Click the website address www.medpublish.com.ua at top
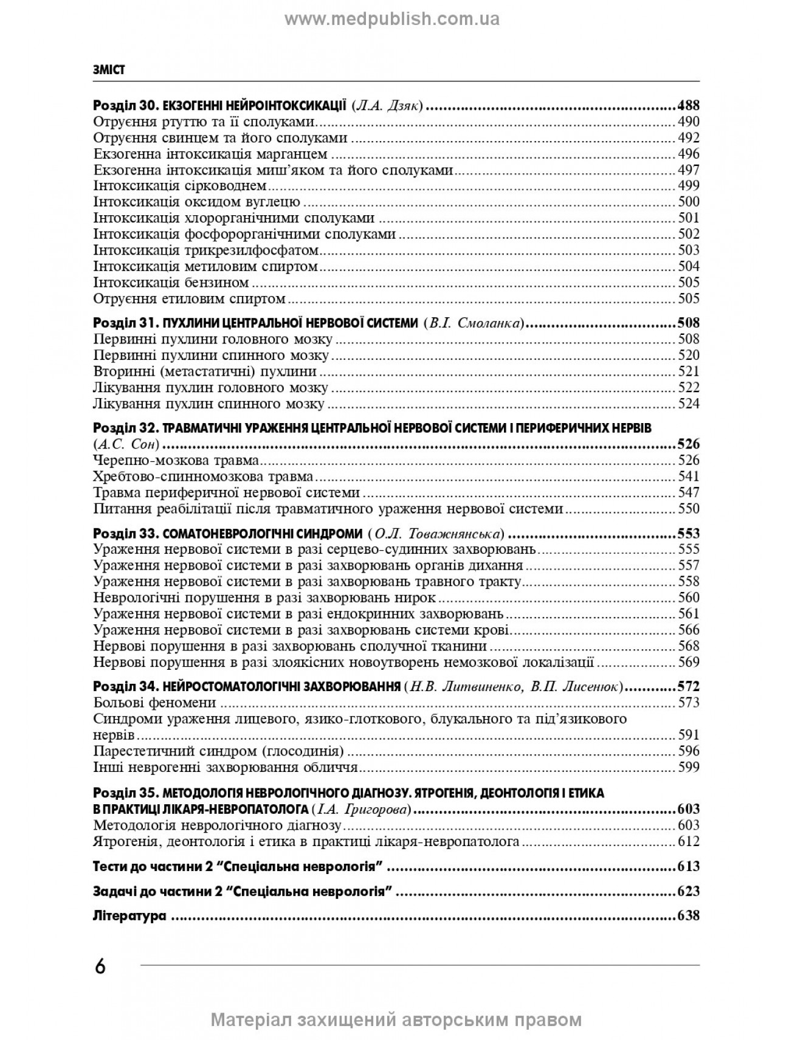pos(392,19)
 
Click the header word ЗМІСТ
pos(109,70)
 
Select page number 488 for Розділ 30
pos(688,105)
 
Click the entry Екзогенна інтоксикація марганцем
pos(211,154)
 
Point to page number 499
pos(689,186)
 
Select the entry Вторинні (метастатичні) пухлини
pos(205,371)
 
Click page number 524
pos(689,404)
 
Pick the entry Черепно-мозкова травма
pos(177,460)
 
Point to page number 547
pos(689,492)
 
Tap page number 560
pos(689,597)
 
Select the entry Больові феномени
pos(156,703)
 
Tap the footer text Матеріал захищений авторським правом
pos(396,1020)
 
